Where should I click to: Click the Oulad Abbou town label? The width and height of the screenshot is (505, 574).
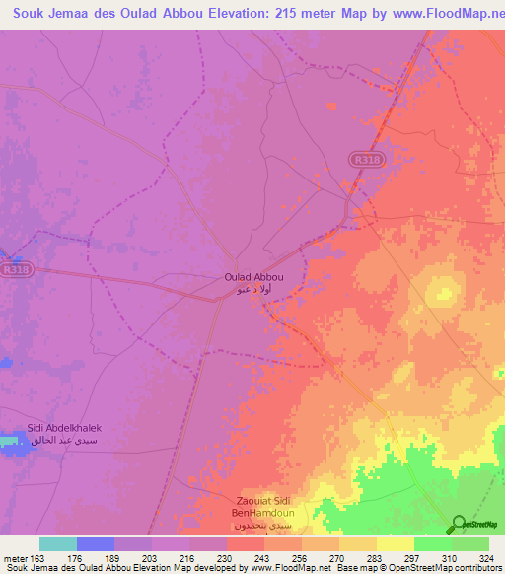click(252, 278)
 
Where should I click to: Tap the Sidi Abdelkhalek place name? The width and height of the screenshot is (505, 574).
click(65, 430)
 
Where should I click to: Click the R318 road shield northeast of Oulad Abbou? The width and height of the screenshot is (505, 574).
click(364, 157)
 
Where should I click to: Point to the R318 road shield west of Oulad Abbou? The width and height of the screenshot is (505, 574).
click(14, 267)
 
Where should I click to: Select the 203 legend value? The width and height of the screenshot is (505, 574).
click(151, 558)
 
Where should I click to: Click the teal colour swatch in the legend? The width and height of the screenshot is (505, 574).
click(58, 543)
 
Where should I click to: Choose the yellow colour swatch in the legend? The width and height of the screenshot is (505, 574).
click(396, 543)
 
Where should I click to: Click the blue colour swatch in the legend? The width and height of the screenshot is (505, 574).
click(96, 543)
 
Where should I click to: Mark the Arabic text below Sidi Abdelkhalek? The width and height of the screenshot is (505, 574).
click(65, 445)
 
